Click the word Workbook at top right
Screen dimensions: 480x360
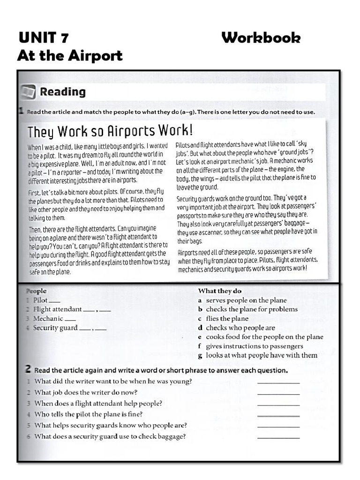tap(261, 37)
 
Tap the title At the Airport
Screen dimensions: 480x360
tap(69, 56)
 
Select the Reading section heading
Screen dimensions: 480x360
tap(63, 92)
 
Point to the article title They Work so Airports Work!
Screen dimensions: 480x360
tap(110, 130)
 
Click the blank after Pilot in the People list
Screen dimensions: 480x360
tap(55, 301)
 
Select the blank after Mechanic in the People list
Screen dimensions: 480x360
tap(70, 319)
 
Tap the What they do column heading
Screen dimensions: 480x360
tap(219, 291)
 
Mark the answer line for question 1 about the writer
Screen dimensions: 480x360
tap(278, 382)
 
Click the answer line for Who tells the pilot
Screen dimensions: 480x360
tap(278, 415)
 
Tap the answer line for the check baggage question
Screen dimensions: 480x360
tap(278, 437)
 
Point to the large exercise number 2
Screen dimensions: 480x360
tap(28, 370)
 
